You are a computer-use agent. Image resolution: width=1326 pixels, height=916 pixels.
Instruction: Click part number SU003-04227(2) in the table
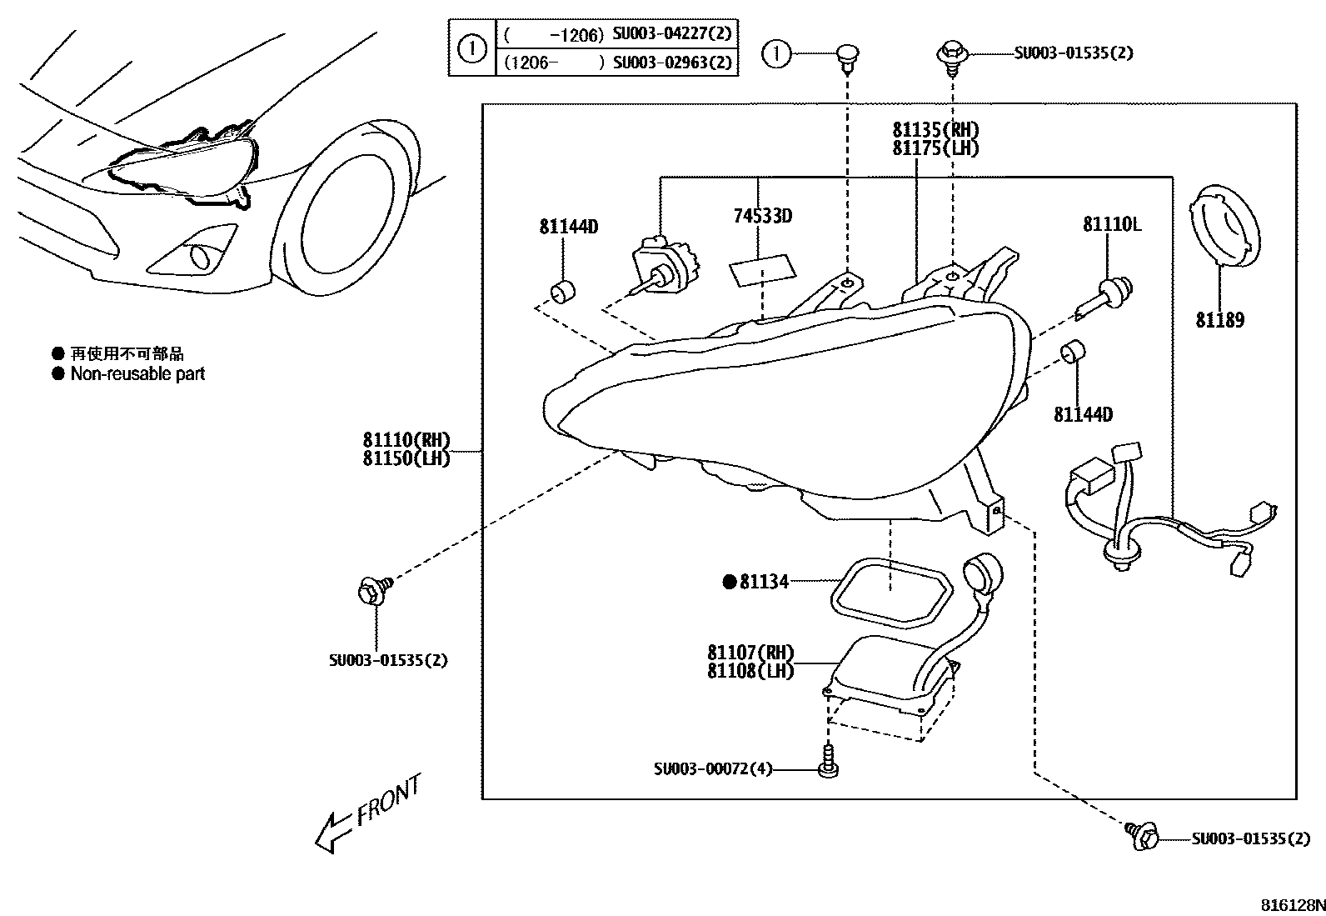(672, 33)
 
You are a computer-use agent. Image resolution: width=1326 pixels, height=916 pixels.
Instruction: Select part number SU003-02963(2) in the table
(672, 63)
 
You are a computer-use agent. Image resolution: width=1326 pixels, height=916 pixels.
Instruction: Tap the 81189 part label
(1220, 321)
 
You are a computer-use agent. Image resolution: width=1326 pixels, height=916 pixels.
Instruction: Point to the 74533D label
(762, 216)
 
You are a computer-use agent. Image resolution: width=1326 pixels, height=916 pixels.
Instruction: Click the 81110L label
(1112, 224)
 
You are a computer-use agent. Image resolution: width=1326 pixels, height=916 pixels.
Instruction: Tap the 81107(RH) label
(750, 653)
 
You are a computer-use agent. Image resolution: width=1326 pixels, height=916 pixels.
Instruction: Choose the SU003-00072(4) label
(713, 769)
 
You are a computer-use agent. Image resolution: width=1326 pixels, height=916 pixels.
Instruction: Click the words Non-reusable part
(137, 374)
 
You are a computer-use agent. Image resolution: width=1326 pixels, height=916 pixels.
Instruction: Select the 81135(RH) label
(935, 130)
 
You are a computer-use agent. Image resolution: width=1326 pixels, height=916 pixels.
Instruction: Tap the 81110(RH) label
(406, 440)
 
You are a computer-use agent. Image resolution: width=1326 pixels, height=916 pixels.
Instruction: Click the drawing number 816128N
(1293, 905)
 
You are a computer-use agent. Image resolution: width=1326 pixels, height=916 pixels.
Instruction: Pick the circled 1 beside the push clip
(776, 54)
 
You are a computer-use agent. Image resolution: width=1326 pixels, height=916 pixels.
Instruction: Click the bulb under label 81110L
(1104, 300)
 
